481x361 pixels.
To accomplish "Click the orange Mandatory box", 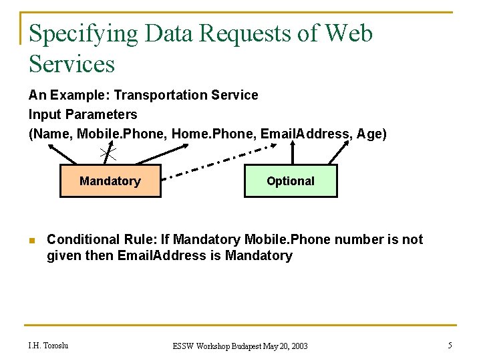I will click(110, 181).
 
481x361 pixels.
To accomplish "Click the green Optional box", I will click(290, 181).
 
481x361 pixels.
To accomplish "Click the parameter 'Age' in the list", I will click(369, 134).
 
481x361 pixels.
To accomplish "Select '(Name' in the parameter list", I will click(50, 134).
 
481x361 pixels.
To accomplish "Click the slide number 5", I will click(450, 346).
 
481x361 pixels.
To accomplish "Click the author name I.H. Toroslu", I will click(48, 346).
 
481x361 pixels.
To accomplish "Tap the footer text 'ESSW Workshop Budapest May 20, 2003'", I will click(240, 346).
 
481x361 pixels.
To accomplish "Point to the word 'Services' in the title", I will click(72, 64).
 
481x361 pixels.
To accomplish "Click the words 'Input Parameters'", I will click(83, 114).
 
